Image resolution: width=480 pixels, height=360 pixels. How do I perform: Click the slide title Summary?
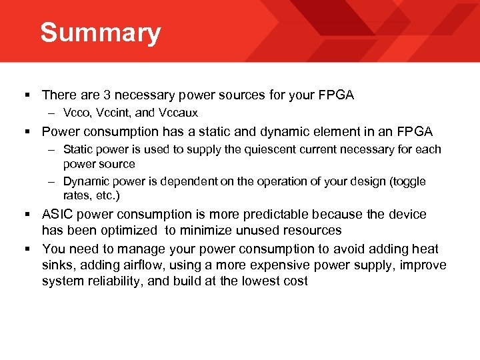coord(100,33)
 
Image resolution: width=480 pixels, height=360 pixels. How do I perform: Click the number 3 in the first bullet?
coord(98,95)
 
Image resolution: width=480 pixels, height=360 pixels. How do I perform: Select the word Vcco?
coord(77,113)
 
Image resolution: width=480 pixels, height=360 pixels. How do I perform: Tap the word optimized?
coord(123,231)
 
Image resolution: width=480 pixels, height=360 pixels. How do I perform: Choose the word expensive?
coord(265,265)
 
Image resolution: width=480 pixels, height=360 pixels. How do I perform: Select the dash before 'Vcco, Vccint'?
coord(52,113)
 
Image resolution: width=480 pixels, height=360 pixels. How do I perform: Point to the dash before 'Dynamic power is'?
coord(52,181)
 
